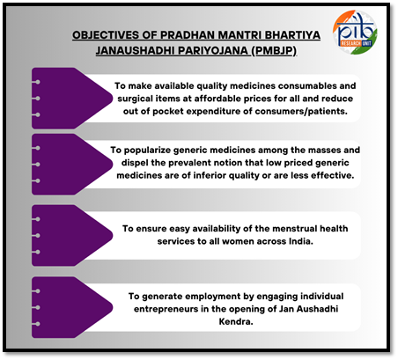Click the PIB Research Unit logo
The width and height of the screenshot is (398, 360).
click(355, 33)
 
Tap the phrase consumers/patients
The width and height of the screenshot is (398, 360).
click(301, 112)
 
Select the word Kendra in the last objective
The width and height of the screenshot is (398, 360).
click(236, 322)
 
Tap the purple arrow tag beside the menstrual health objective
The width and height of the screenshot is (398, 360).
click(72, 236)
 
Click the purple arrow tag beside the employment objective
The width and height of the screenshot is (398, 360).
click(72, 307)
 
